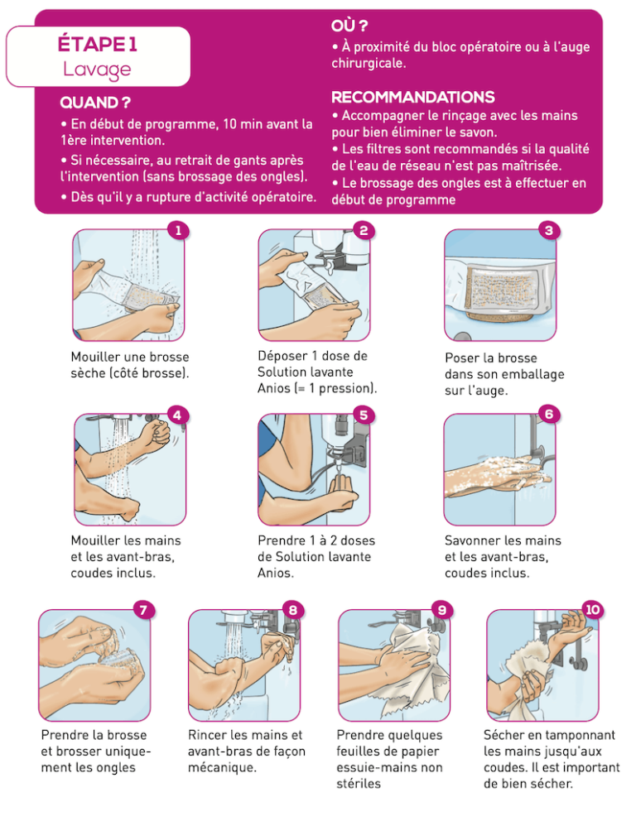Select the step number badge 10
point(591,609)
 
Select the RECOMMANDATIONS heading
point(412,98)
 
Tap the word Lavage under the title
point(98,68)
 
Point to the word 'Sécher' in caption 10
point(506,734)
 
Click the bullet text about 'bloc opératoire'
point(460,55)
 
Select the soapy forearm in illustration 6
point(489,472)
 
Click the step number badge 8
point(292,609)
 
